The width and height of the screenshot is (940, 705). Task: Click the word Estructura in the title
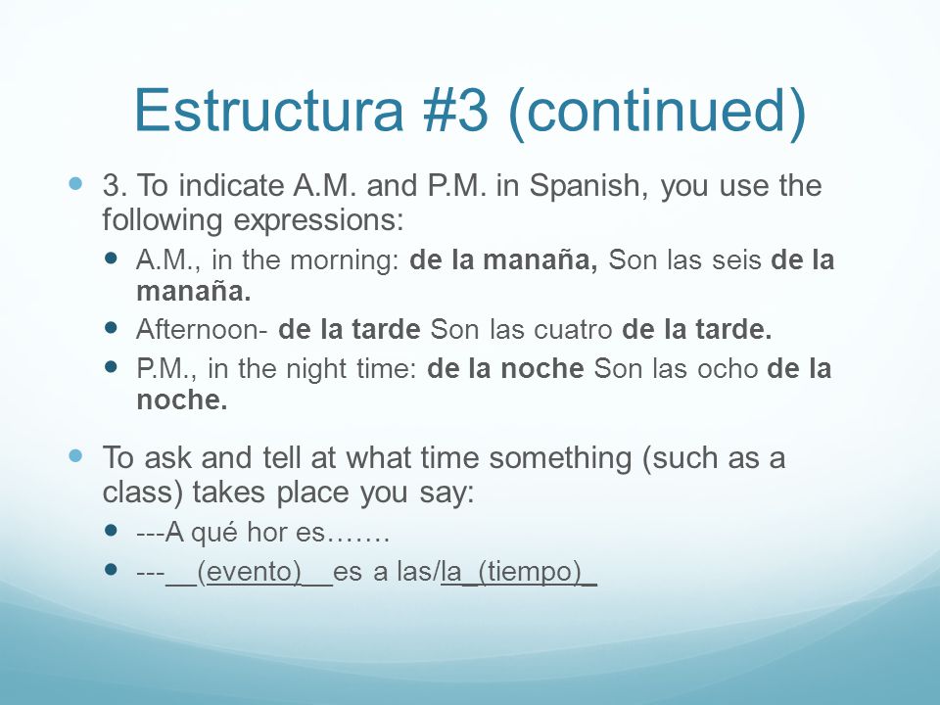click(269, 110)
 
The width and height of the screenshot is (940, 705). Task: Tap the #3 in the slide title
click(456, 110)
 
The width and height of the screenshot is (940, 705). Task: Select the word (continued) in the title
click(656, 114)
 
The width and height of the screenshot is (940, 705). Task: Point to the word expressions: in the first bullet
click(318, 221)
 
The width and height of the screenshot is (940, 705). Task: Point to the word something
click(560, 459)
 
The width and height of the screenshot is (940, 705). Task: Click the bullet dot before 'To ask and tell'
click(75, 456)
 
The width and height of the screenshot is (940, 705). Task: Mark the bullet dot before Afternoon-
click(111, 327)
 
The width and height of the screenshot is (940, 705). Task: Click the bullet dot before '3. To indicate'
click(75, 183)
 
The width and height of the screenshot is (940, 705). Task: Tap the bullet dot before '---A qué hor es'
click(111, 530)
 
